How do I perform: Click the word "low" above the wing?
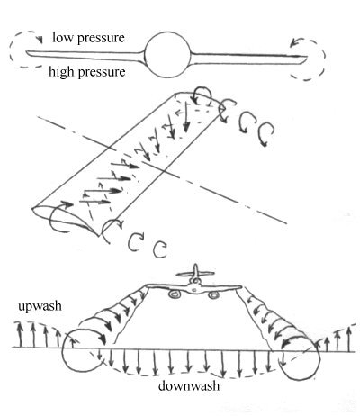pyautogui.click(x=62, y=38)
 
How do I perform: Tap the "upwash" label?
pyautogui.click(x=40, y=306)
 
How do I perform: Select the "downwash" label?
pyautogui.click(x=189, y=385)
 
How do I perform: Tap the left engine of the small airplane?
pyautogui.click(x=174, y=294)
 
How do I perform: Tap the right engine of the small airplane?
pyautogui.click(x=212, y=295)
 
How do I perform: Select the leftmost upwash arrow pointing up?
pyautogui.click(x=20, y=335)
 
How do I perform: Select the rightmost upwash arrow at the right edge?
pyautogui.click(x=348, y=339)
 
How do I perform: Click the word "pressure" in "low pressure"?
pyautogui.click(x=101, y=39)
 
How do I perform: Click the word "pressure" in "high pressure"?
pyautogui.click(x=102, y=73)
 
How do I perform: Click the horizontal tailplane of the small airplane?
pyautogui.click(x=195, y=274)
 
